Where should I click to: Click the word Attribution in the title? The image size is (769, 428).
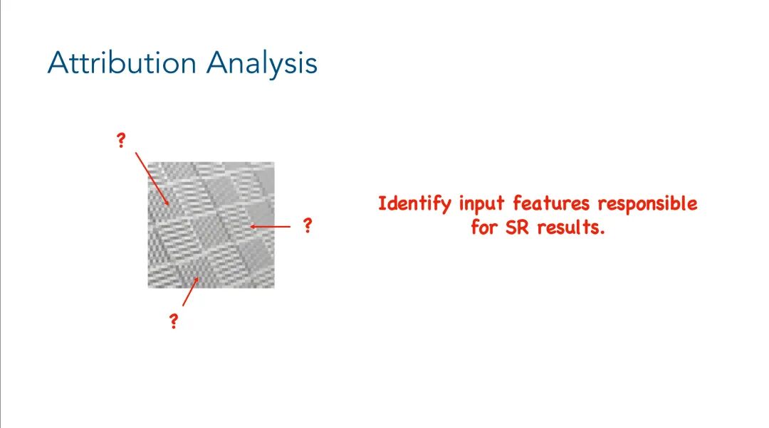pyautogui.click(x=122, y=63)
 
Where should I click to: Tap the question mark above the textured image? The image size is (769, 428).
pyautogui.click(x=121, y=141)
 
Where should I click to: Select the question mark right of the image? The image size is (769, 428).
pyautogui.click(x=307, y=226)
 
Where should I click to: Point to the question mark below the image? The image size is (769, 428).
pyautogui.click(x=173, y=321)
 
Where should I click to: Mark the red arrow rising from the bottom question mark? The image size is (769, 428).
pyautogui.click(x=191, y=291)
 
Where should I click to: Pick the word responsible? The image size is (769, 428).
pyautogui.click(x=647, y=205)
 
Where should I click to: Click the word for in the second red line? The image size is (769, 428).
pyautogui.click(x=483, y=228)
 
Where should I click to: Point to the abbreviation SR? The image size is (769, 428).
pyautogui.click(x=516, y=228)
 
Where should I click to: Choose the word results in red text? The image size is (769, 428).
pyautogui.click(x=569, y=228)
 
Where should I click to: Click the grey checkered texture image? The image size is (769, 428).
pyautogui.click(x=211, y=225)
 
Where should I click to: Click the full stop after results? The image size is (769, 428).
pyautogui.click(x=602, y=233)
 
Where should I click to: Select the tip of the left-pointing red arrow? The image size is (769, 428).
pyautogui.click(x=251, y=227)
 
